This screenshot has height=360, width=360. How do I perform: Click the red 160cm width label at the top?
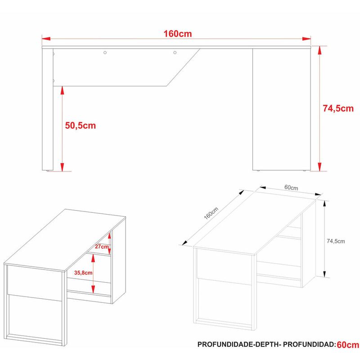[177, 34]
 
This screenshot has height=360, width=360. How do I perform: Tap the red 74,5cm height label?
[338, 108]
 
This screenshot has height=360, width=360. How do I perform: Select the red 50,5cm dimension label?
[81, 126]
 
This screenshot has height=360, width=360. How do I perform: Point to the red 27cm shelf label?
[102, 247]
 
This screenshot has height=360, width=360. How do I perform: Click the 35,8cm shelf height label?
[83, 273]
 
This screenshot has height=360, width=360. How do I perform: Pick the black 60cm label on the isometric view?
[291, 188]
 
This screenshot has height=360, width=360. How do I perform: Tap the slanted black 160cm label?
[211, 213]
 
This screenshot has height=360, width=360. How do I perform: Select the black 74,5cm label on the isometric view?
[336, 241]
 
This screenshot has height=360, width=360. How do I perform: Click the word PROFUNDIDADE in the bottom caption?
[225, 344]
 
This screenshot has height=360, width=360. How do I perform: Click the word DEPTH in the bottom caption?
[266, 344]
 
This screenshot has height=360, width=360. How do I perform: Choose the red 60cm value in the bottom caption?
[348, 345]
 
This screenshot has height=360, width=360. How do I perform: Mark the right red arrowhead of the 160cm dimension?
[306, 39]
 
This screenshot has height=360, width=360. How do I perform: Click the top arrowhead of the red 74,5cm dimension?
[319, 50]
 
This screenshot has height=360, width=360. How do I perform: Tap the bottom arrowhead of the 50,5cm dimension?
[62, 167]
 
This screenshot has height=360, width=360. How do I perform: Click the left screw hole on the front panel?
[105, 53]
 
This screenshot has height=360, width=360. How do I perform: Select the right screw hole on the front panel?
[175, 53]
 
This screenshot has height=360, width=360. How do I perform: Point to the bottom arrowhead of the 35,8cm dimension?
[93, 289]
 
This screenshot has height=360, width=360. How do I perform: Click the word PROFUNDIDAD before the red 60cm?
[309, 344]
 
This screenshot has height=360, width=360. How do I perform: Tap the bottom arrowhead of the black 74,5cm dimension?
[324, 274]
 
